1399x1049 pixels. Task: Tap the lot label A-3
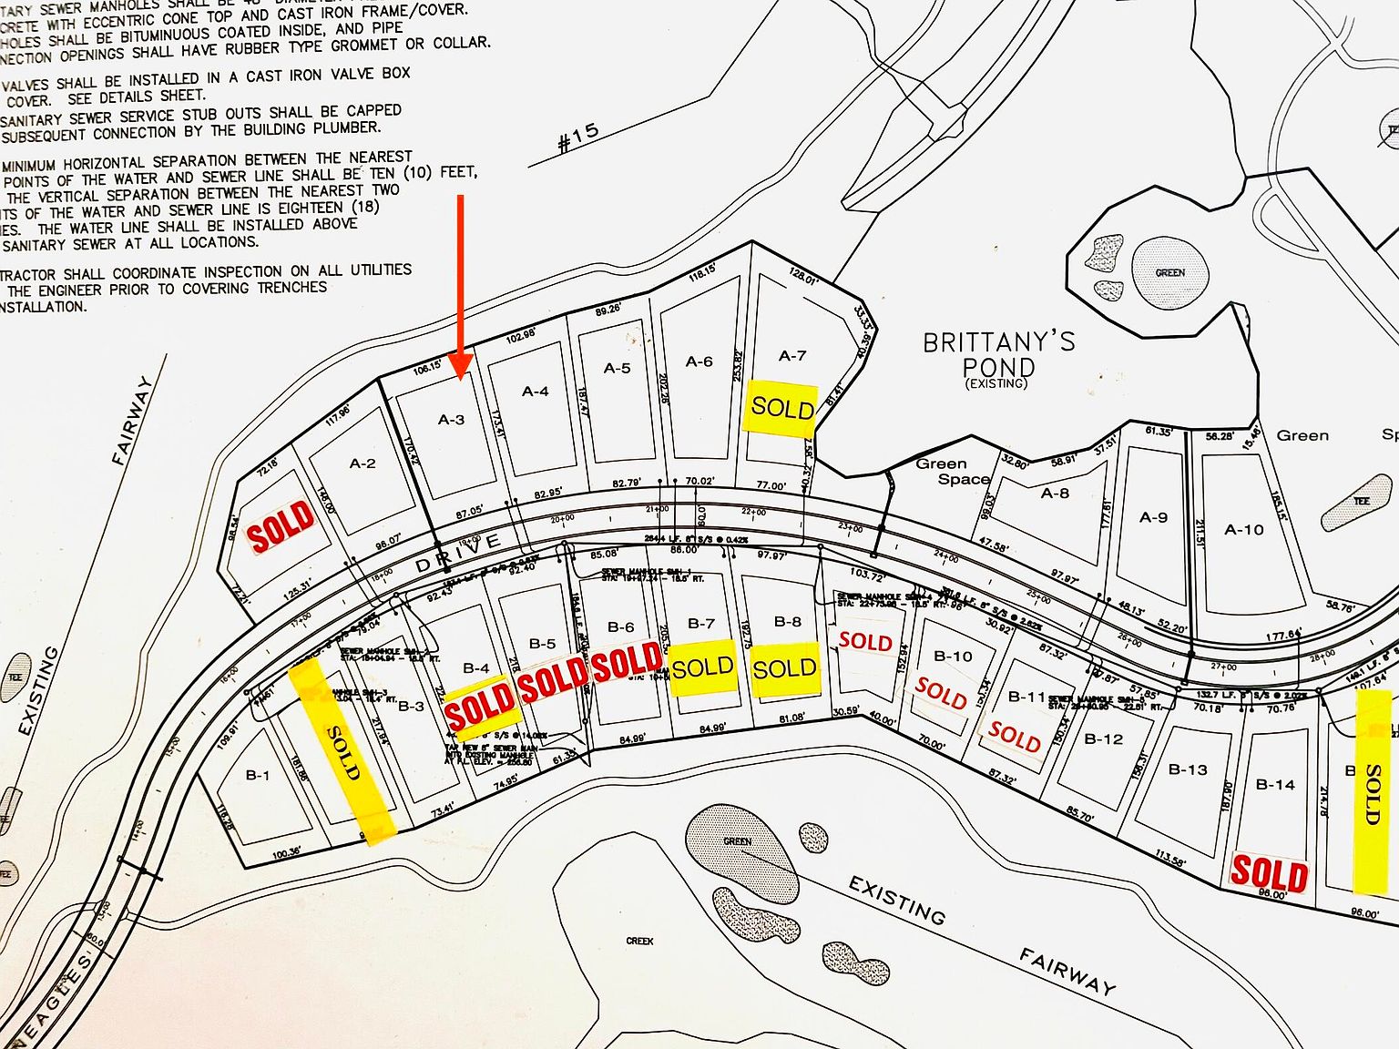point(452,420)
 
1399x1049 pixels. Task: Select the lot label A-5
point(617,368)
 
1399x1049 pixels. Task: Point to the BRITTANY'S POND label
point(999,355)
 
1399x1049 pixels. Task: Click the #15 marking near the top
point(577,137)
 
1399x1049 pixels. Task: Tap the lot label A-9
point(1153,517)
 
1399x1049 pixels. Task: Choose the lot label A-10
point(1243,529)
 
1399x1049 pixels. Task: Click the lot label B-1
point(258,776)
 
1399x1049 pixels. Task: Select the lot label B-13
point(1188,769)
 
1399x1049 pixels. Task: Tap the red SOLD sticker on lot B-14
point(1269,873)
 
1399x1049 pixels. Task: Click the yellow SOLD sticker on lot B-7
point(702,668)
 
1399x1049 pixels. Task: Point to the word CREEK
point(639,941)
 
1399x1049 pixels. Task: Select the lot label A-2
point(363,463)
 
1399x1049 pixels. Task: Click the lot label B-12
point(1104,738)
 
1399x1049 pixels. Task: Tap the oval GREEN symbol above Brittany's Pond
point(1169,272)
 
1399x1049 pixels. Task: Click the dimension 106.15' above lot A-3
point(426,368)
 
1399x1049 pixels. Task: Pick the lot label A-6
point(699,362)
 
